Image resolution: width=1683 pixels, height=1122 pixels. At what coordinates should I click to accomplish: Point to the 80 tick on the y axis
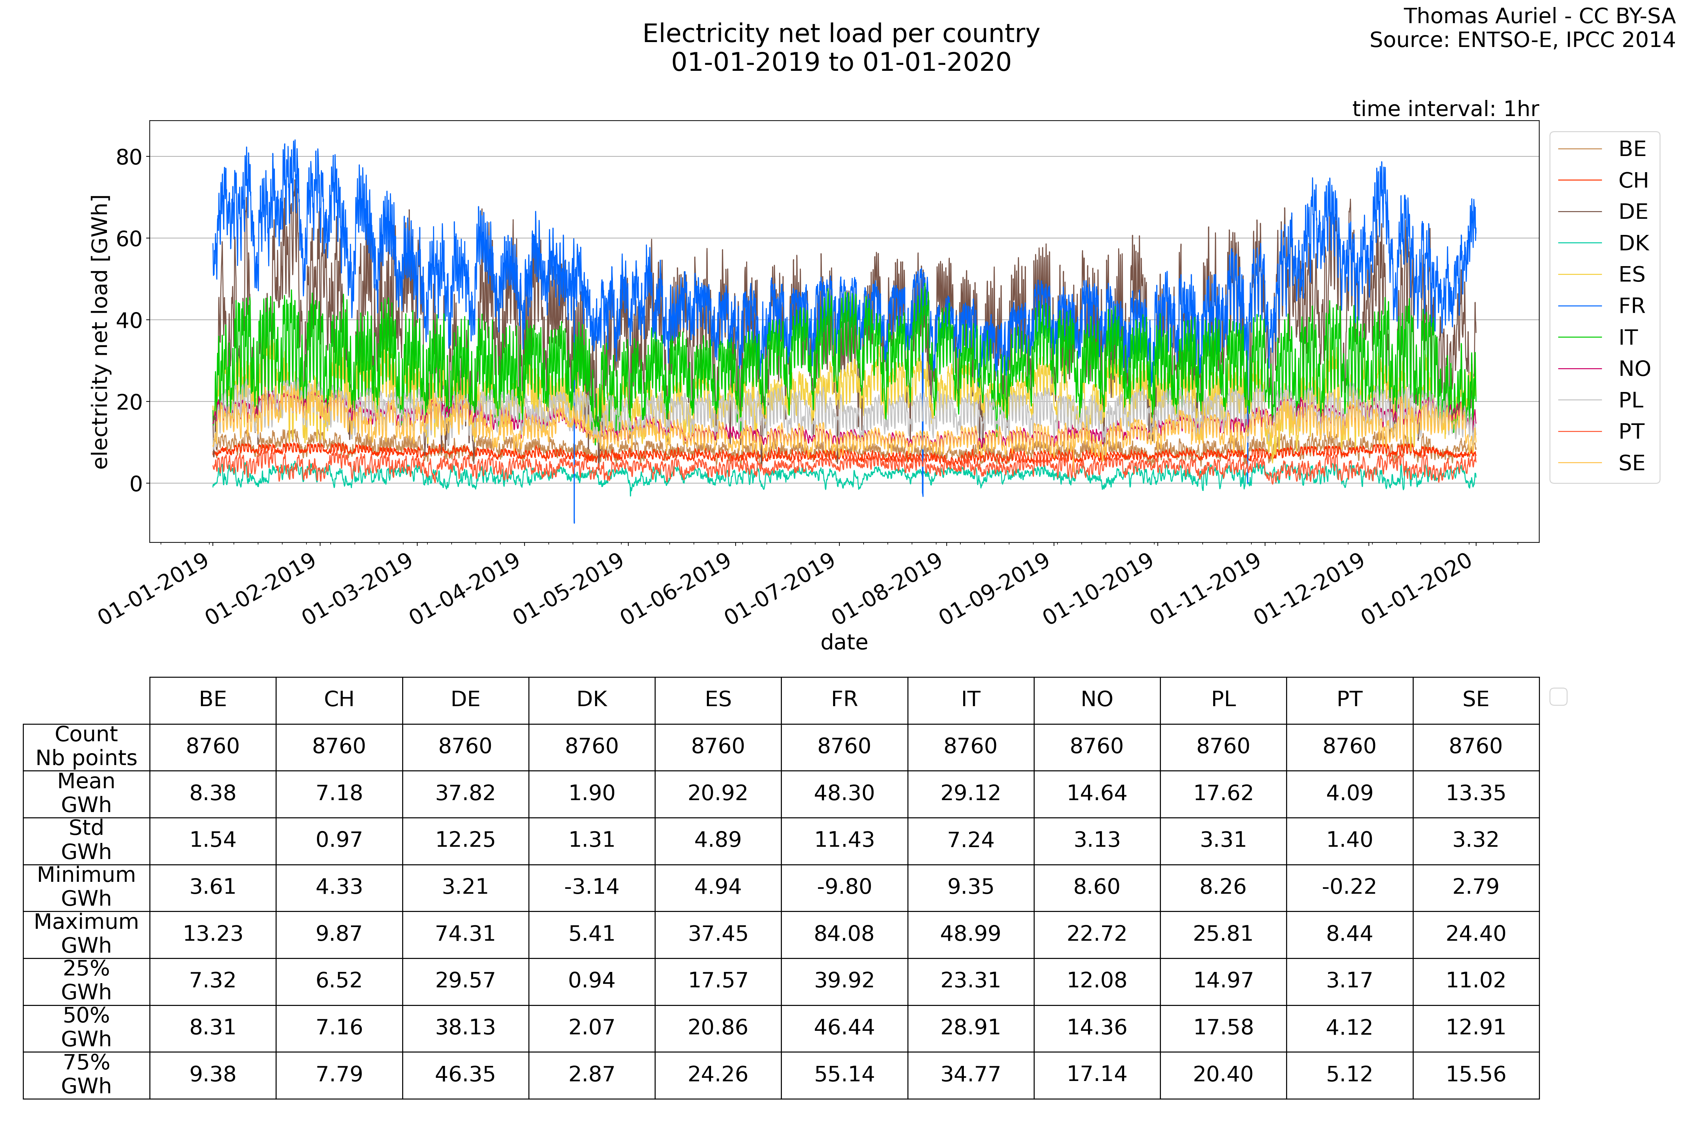129,157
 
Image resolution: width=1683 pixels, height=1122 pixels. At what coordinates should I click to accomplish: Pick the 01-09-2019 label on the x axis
995,589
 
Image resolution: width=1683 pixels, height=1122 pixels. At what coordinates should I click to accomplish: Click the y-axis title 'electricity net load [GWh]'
100,331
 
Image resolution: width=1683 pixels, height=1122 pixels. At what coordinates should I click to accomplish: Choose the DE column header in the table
465,699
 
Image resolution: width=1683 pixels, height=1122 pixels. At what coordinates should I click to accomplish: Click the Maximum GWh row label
87,933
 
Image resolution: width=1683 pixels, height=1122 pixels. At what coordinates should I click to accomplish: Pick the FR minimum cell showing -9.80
844,887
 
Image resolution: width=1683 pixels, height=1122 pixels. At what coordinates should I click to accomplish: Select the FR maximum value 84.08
844,933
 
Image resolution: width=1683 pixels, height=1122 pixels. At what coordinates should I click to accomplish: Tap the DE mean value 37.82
465,793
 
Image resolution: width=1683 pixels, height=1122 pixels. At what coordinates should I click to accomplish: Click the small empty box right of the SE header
1559,696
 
